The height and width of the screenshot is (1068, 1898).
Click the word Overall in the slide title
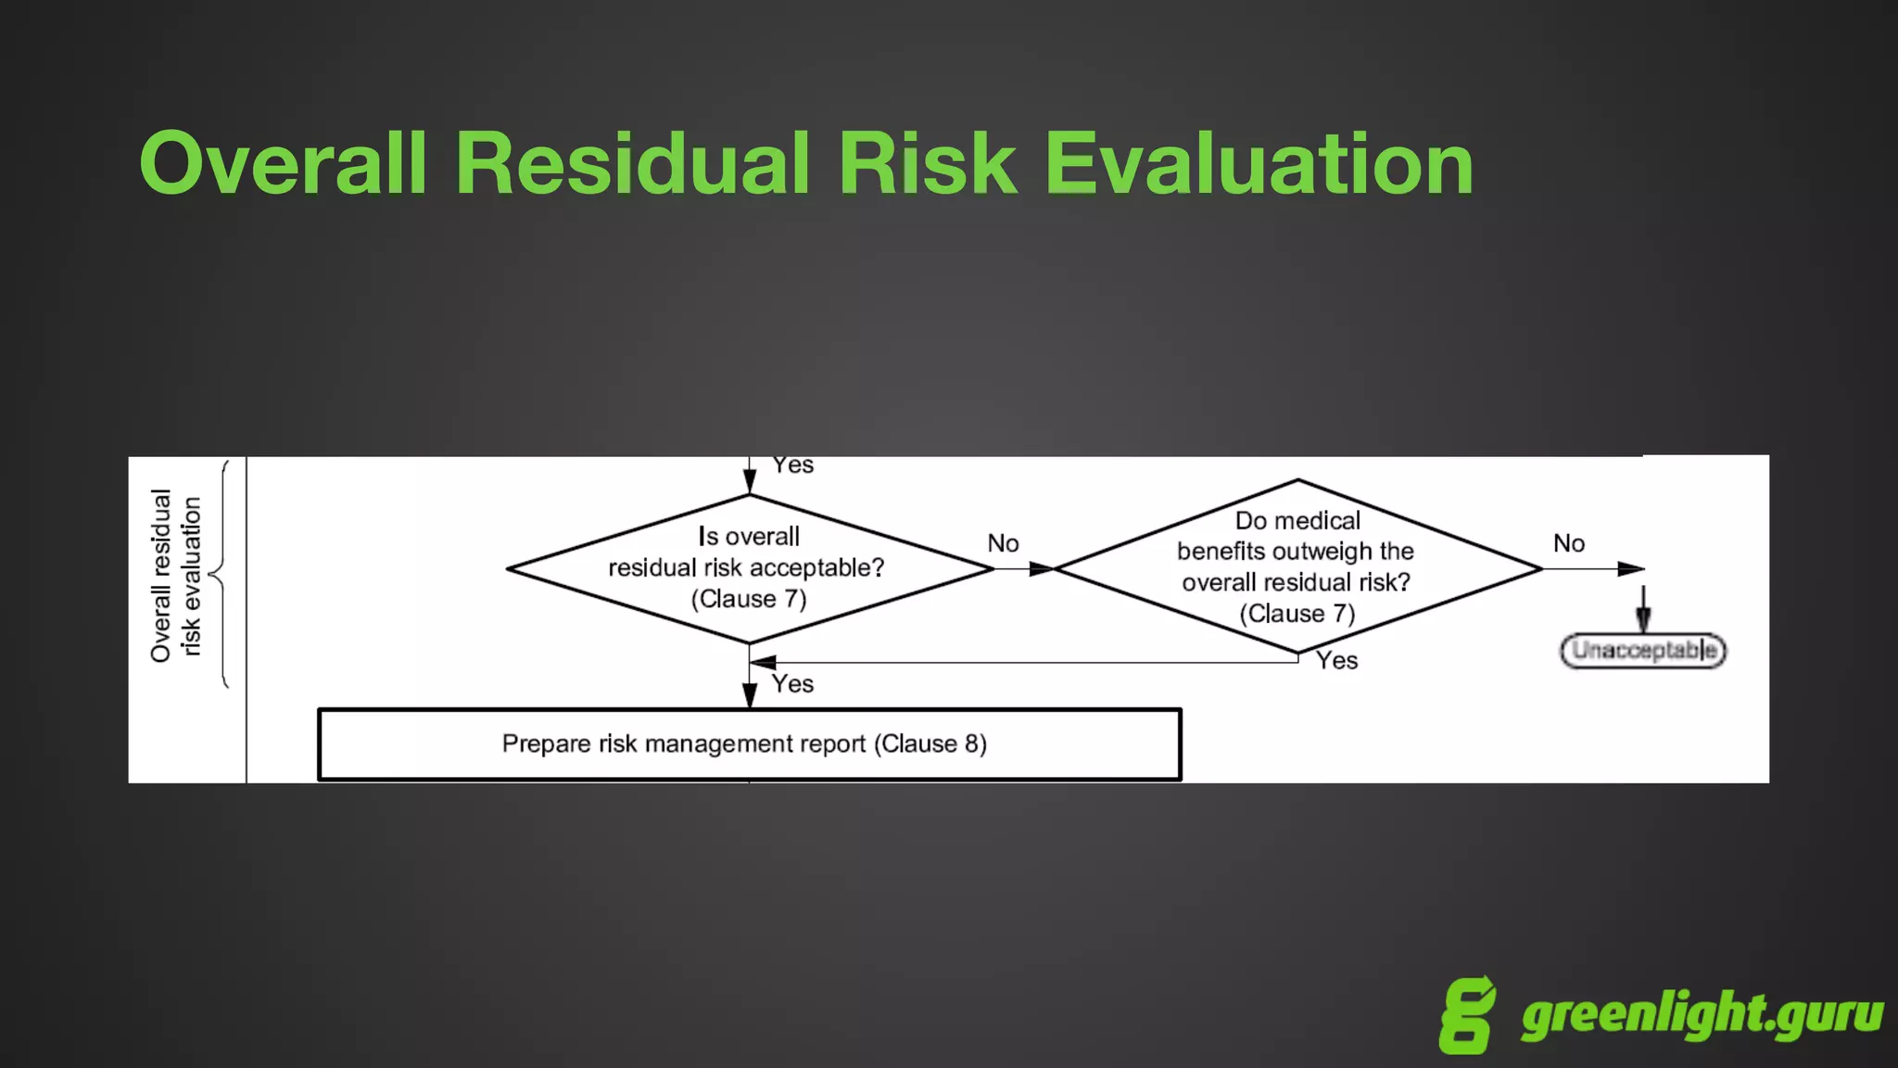[284, 164]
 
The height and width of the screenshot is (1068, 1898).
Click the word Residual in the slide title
[633, 164]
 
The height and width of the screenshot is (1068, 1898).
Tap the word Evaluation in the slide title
[1259, 164]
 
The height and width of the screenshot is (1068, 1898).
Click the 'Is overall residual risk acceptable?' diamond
[749, 568]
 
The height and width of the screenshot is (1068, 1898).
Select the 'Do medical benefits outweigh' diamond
[1297, 566]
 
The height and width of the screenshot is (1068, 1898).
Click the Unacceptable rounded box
[1643, 651]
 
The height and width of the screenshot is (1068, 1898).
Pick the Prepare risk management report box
[749, 744]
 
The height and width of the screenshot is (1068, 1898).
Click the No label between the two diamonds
[1003, 543]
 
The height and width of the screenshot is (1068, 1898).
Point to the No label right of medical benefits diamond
[1569, 543]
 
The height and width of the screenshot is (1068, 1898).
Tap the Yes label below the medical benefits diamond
[1336, 661]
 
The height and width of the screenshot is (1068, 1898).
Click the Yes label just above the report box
[792, 684]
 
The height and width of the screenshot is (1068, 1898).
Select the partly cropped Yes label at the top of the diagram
[792, 464]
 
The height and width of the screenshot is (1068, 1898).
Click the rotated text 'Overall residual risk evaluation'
[175, 576]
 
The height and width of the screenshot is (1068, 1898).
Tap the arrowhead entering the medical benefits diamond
[1042, 568]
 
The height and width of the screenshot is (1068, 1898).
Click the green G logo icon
[1467, 1015]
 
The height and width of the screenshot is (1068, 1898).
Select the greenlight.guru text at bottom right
[1702, 1015]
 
